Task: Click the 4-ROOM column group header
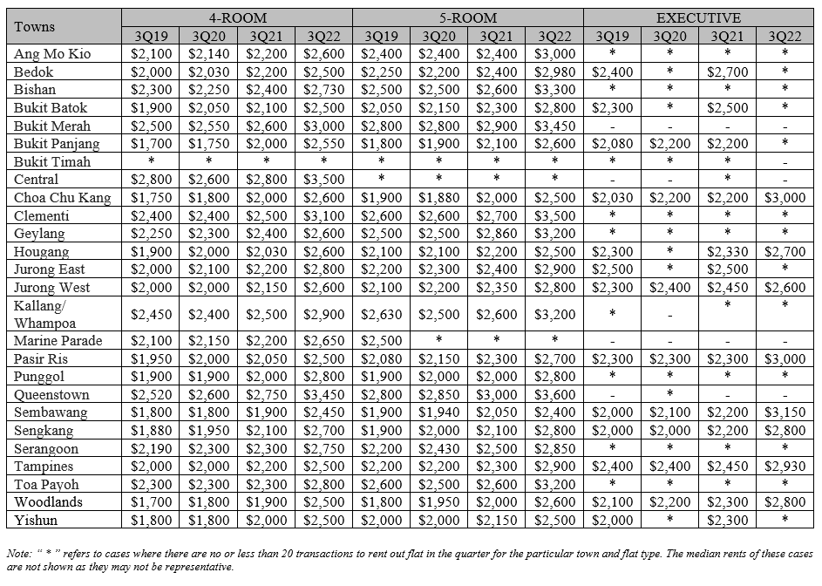pos(237,17)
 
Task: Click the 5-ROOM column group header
pos(467,17)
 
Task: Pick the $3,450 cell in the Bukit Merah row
pos(554,126)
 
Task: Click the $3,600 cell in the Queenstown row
pos(554,395)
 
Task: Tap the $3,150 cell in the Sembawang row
pos(785,412)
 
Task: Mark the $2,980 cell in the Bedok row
pos(554,72)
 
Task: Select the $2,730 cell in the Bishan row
pos(323,90)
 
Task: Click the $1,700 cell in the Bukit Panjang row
pos(151,144)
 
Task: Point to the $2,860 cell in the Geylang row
pos(497,234)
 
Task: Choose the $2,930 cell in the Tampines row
pos(785,467)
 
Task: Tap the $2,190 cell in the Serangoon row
pos(151,449)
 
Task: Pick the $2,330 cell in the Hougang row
pos(727,252)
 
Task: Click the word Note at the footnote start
pos(18,554)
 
